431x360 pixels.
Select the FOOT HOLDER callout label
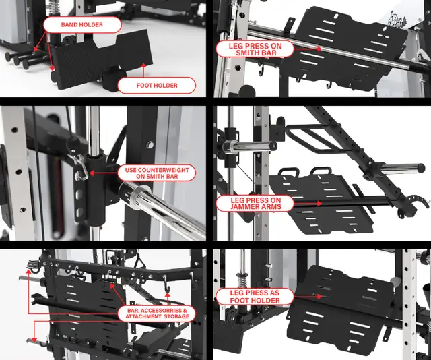pyautogui.click(x=156, y=86)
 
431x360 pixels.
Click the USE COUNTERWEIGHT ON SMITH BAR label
pyautogui.click(x=157, y=173)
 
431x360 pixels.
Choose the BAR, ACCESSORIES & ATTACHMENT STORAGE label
pyautogui.click(x=157, y=313)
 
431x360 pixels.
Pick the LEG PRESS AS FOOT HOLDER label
pyautogui.click(x=255, y=297)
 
